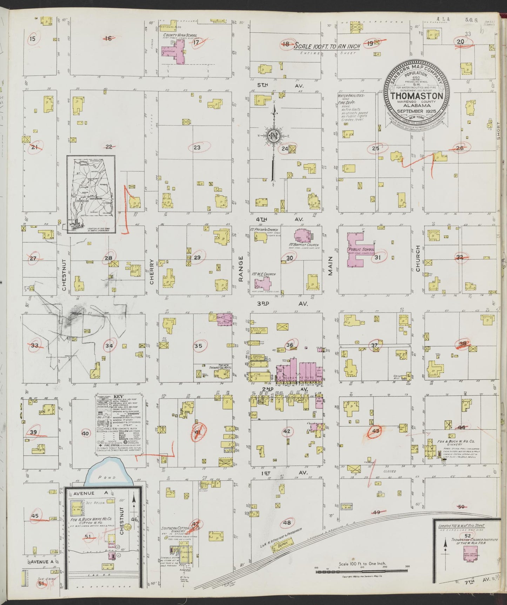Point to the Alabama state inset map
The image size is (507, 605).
pos(91,194)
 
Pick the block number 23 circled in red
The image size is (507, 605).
pos(197,147)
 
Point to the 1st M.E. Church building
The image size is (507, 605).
pos(265,283)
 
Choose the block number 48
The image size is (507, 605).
pos(287,523)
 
